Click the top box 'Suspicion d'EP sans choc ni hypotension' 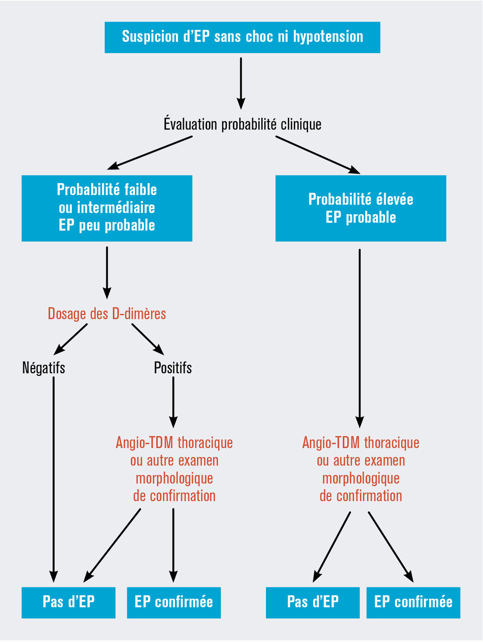pyautogui.click(x=242, y=37)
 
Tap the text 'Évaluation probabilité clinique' pyautogui.click(x=242, y=124)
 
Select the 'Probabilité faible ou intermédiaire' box pyautogui.click(x=107, y=208)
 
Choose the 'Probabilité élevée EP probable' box pyautogui.click(x=361, y=208)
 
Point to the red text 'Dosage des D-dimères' pyautogui.click(x=107, y=314)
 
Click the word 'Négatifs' pyautogui.click(x=44, y=368)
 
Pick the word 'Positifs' pyautogui.click(x=173, y=368)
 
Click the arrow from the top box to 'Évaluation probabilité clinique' pyautogui.click(x=241, y=83)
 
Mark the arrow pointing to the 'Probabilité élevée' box pyautogui.click(x=317, y=154)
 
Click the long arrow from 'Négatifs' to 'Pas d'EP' pyautogui.click(x=53, y=476)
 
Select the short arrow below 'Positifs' pyautogui.click(x=173, y=401)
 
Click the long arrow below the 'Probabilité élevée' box pyautogui.click(x=360, y=336)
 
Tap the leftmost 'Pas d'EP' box pyautogui.click(x=68, y=602)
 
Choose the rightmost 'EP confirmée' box pyautogui.click(x=413, y=602)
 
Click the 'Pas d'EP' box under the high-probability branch pyautogui.click(x=312, y=602)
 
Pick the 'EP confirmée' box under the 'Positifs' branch pyautogui.click(x=174, y=602)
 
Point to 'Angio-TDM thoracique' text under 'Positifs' pyautogui.click(x=174, y=443)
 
